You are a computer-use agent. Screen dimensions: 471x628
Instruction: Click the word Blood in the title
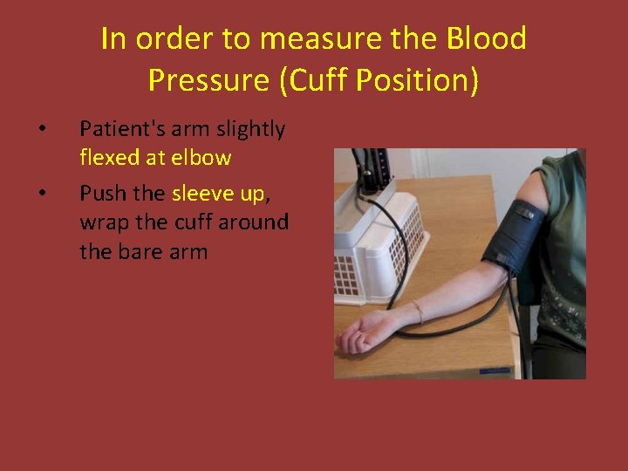pos(486,39)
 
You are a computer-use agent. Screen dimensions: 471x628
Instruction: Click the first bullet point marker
pos(41,130)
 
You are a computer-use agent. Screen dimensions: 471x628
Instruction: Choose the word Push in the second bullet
pos(99,193)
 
